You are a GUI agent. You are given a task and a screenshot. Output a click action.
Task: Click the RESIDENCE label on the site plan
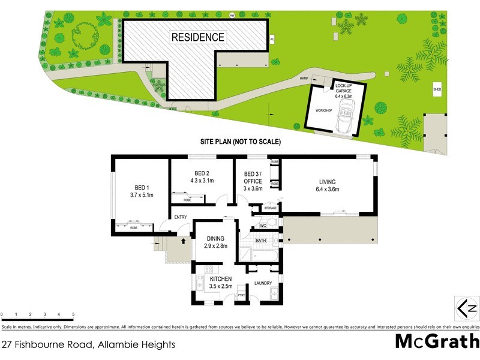point(198,37)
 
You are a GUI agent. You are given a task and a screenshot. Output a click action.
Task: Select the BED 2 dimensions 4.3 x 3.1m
point(201,180)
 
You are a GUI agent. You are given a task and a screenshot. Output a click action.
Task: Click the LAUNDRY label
point(263,283)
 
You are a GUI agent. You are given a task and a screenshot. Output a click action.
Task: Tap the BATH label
point(260,241)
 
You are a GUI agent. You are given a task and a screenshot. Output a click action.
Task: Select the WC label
point(263,226)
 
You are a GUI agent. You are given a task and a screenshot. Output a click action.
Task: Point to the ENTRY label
point(180,218)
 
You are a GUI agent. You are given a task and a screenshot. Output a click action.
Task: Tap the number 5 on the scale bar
point(73,314)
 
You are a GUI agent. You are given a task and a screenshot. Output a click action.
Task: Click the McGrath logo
point(436,341)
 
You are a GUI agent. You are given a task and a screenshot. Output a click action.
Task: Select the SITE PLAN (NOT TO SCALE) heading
point(240,142)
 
